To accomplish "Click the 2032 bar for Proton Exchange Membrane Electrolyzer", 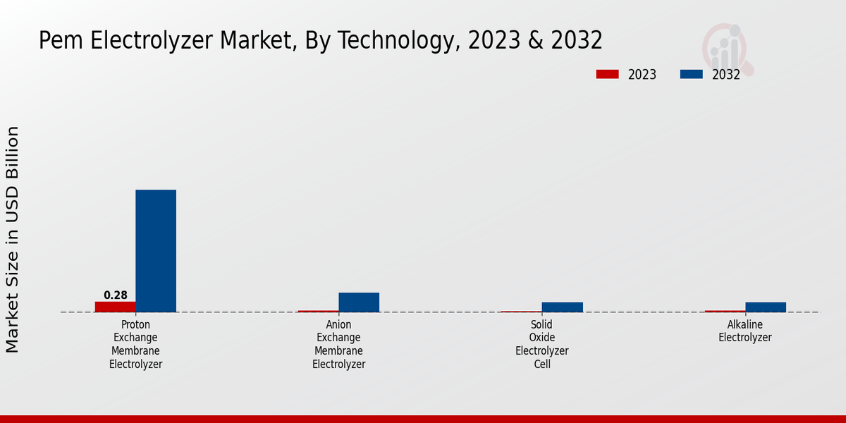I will click(x=156, y=250).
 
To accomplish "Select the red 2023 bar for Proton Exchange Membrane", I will click(x=115, y=307).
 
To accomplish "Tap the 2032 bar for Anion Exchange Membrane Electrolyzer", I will click(x=359, y=302).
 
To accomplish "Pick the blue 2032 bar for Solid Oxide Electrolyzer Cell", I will click(x=562, y=307).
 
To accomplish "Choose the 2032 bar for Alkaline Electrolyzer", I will click(x=766, y=307).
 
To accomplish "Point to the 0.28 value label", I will click(x=116, y=295).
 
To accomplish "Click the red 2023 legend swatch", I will click(x=606, y=74).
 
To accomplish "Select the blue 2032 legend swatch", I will click(x=691, y=74).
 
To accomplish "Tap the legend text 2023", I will click(x=642, y=75).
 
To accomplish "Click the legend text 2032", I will click(x=726, y=75).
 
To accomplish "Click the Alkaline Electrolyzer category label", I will click(x=745, y=331).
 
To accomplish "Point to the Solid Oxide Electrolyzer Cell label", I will click(x=541, y=344).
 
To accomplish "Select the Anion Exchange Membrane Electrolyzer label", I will click(x=338, y=344).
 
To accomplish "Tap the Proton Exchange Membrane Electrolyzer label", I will click(x=135, y=344).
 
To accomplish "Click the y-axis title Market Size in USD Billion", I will click(x=13, y=240).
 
